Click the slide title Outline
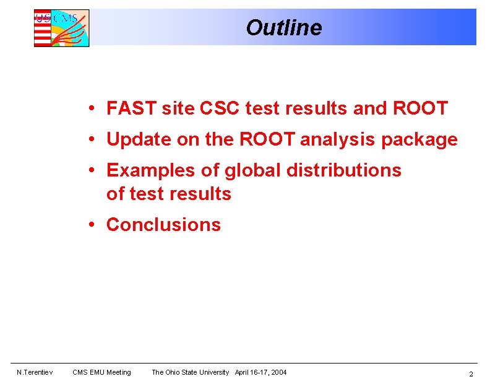(283, 28)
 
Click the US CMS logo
(61, 28)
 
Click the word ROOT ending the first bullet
(420, 108)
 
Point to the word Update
(139, 139)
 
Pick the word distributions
(343, 170)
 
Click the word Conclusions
(163, 224)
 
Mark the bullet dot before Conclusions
(91, 224)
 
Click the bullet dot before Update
(91, 139)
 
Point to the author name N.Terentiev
(35, 372)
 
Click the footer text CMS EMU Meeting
(101, 372)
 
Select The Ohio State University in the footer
(190, 372)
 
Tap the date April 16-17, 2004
(260, 372)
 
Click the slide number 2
(471, 373)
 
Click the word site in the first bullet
(178, 108)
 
